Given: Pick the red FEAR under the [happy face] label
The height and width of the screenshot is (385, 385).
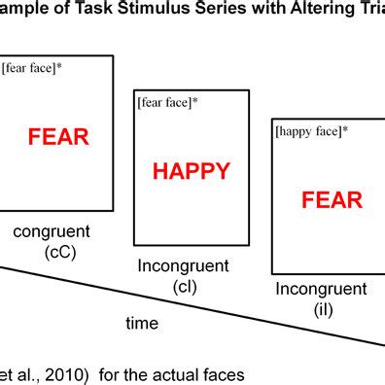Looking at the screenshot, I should [332, 201].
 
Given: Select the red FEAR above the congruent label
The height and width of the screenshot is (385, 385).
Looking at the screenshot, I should [58, 136].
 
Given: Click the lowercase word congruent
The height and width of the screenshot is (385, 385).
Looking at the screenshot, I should [51, 231].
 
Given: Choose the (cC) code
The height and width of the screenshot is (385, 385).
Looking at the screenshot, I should [60, 253].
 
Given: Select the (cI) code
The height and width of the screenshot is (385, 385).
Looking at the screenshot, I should [185, 287].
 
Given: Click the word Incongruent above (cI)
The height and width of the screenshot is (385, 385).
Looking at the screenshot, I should [183, 266].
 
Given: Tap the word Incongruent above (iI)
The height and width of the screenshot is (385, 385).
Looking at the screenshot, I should [321, 289].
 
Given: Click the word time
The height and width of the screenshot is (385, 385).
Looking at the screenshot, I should [144, 323].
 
